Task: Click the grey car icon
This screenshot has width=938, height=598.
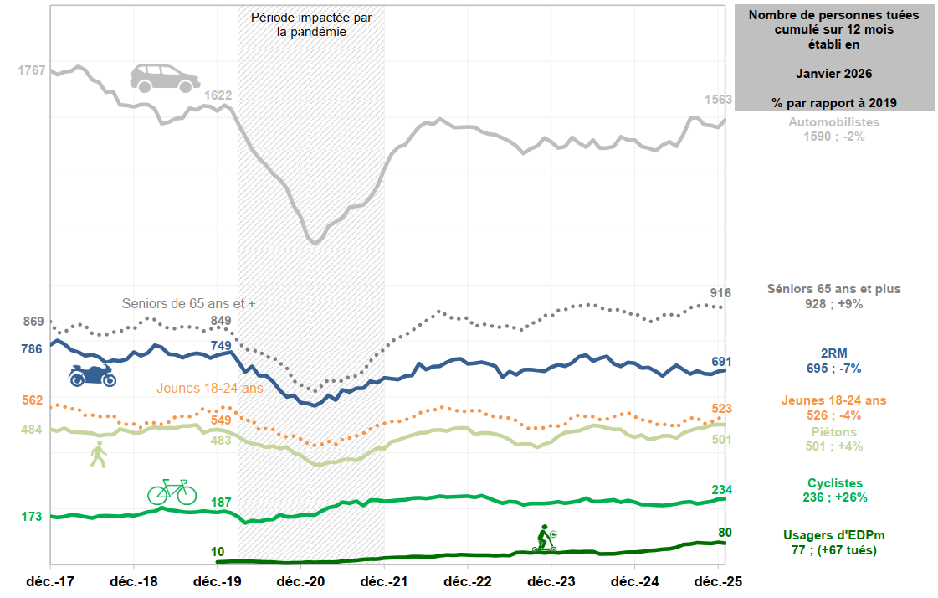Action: click(165, 77)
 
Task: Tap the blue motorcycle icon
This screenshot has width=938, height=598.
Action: click(92, 374)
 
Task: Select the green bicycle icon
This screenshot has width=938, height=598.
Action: click(172, 492)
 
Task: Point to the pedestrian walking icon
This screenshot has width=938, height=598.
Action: click(99, 454)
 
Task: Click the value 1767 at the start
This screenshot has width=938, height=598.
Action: click(32, 70)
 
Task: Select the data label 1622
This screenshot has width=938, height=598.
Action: click(218, 95)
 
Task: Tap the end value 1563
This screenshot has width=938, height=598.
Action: click(717, 99)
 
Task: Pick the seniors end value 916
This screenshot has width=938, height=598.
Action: click(720, 293)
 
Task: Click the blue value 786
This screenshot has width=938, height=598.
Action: click(32, 349)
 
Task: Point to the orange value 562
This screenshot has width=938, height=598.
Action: click(32, 400)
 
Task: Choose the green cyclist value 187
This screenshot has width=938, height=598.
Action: click(221, 503)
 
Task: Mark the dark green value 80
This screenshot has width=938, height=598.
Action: click(725, 532)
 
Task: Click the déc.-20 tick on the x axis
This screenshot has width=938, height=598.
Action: click(300, 581)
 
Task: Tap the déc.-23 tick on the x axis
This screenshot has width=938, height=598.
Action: click(551, 581)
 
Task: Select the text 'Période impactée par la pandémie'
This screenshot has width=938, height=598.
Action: click(311, 24)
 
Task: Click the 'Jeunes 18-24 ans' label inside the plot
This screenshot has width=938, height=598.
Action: click(209, 389)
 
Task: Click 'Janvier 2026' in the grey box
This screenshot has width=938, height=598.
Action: click(833, 74)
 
